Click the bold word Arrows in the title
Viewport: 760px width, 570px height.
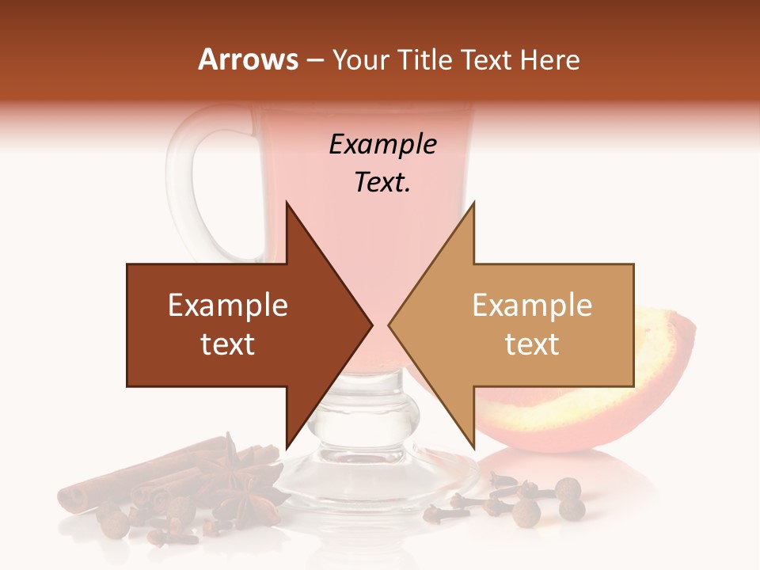[248, 59]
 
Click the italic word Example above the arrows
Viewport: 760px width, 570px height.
[382, 145]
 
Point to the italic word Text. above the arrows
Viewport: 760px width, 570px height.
[382, 183]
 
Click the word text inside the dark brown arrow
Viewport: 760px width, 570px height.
[228, 344]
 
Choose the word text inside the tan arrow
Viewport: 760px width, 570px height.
[532, 344]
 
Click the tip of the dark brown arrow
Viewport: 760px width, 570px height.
[370, 325]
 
